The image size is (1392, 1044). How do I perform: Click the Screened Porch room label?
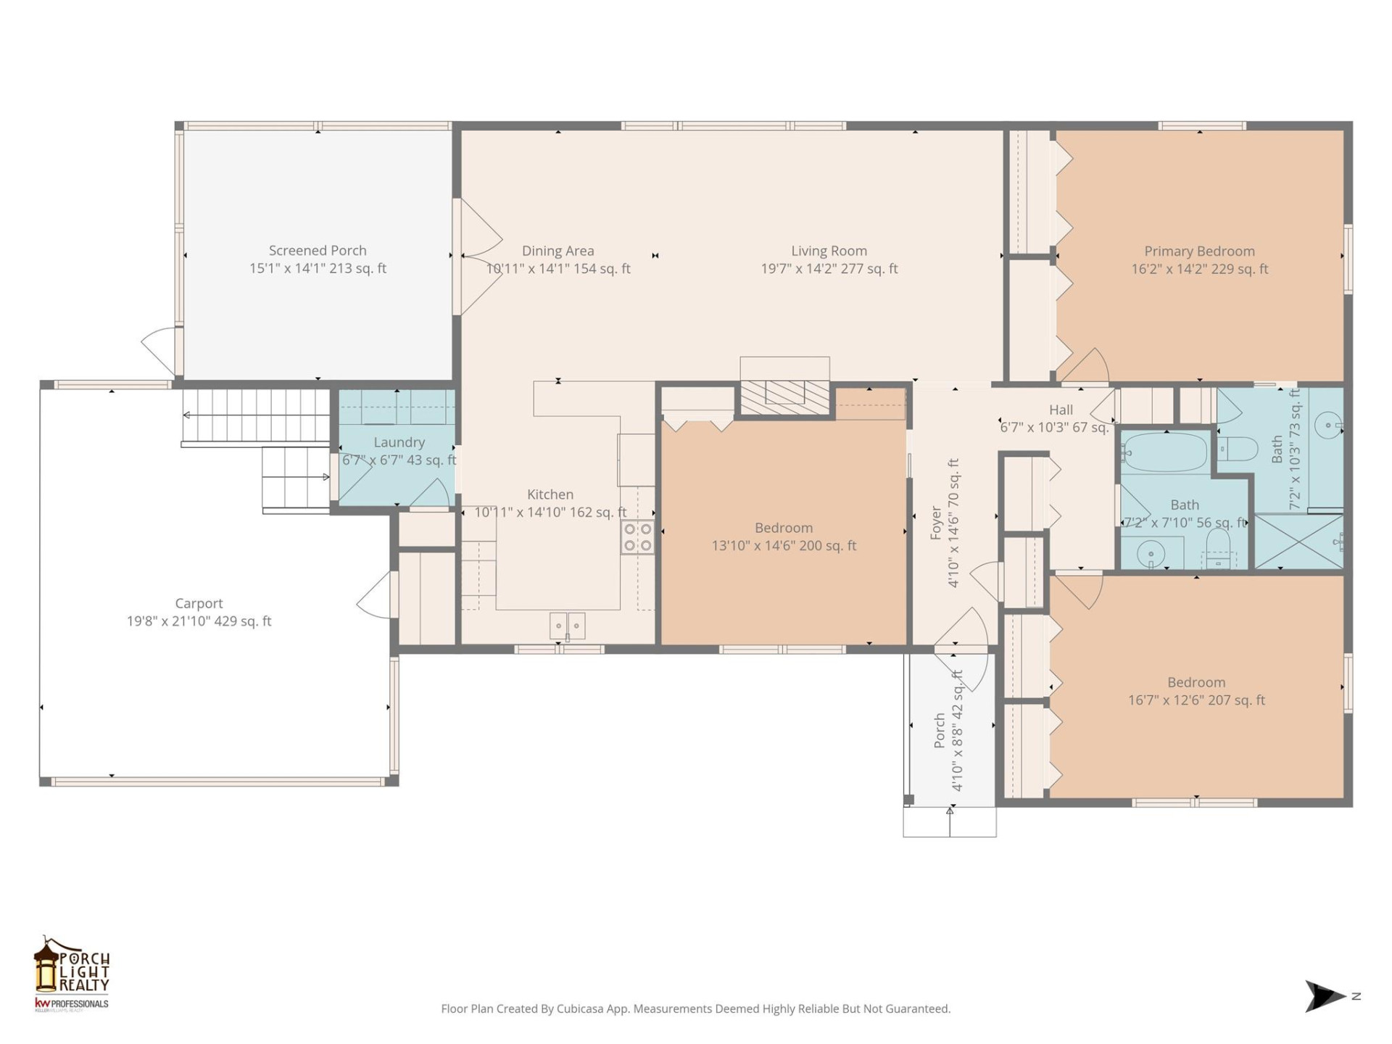pos(318,251)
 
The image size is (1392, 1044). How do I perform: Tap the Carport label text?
pos(199,603)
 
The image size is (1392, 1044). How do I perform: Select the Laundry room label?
pos(399,442)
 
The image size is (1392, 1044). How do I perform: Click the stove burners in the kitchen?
pos(638,537)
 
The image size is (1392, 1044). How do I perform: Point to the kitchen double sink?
pos(567,626)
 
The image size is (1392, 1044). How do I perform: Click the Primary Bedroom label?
pos(1199,252)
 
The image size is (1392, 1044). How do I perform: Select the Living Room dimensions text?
pos(829,269)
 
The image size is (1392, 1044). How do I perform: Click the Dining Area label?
pos(558,251)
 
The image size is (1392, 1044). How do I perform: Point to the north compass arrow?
pos(1325,996)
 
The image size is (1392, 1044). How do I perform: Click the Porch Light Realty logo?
pos(71,972)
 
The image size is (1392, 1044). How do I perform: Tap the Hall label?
pos(1060,410)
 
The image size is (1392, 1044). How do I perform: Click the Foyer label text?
pos(936,523)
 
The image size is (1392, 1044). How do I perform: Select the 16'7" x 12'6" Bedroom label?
pos(1196,682)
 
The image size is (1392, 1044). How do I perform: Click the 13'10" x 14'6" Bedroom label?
pos(784,528)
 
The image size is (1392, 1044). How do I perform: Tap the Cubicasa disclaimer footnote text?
pos(695,1008)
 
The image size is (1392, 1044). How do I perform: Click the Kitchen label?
pos(550,494)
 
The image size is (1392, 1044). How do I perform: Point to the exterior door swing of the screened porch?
pos(159,349)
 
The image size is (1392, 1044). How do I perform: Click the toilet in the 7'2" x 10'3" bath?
pos(1238,449)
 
